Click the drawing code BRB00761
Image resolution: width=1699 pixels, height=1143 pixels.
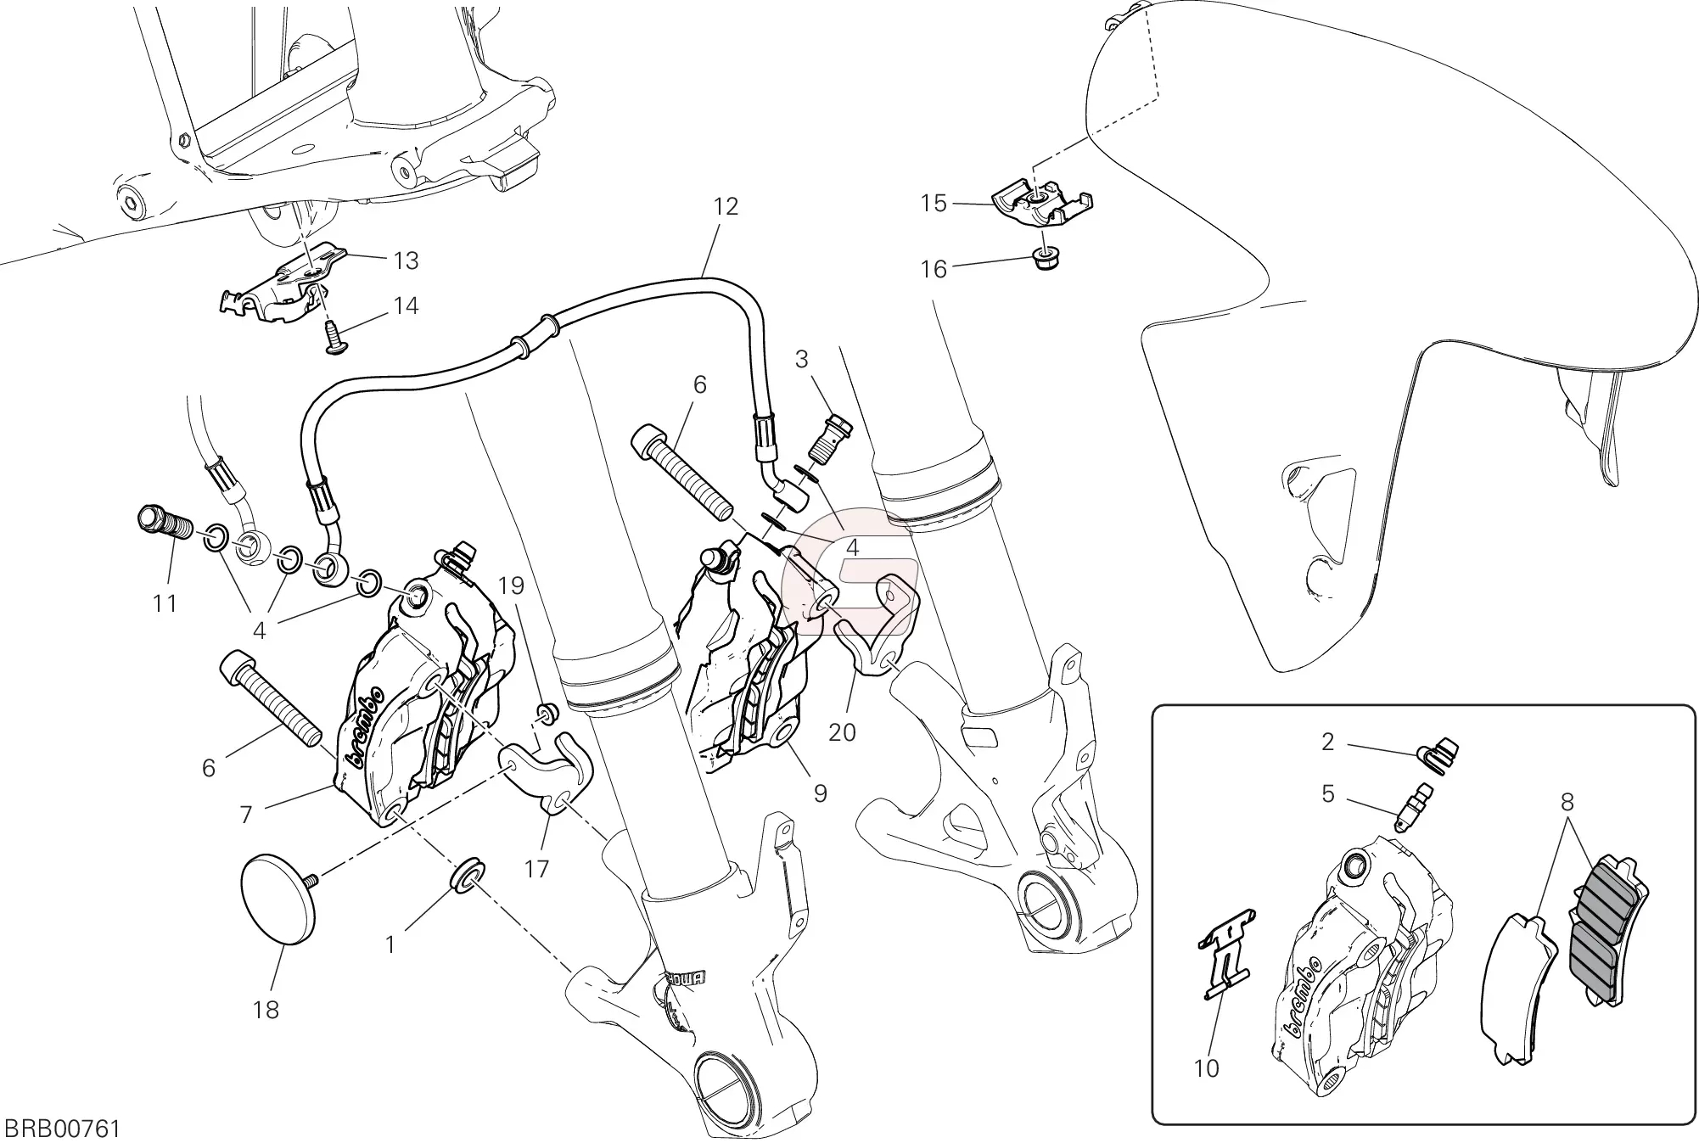click(62, 1129)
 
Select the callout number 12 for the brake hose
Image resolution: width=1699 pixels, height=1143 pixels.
click(726, 206)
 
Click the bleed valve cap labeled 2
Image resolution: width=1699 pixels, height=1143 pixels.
click(1438, 751)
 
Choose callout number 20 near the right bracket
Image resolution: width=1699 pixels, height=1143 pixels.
click(842, 731)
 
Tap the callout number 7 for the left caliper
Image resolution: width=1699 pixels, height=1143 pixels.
click(246, 815)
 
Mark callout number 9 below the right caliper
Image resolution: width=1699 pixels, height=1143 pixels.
click(820, 793)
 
